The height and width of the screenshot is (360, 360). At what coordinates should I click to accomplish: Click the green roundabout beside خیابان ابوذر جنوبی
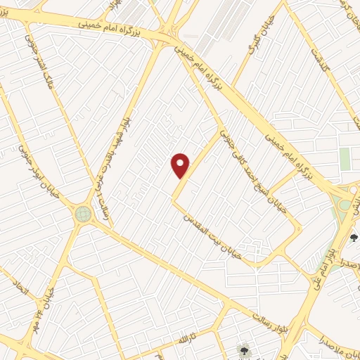coord(83,212)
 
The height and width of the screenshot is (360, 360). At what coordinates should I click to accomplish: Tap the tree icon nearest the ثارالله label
coord(243,349)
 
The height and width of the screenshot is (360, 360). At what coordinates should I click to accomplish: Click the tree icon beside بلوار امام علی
coord(354,238)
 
